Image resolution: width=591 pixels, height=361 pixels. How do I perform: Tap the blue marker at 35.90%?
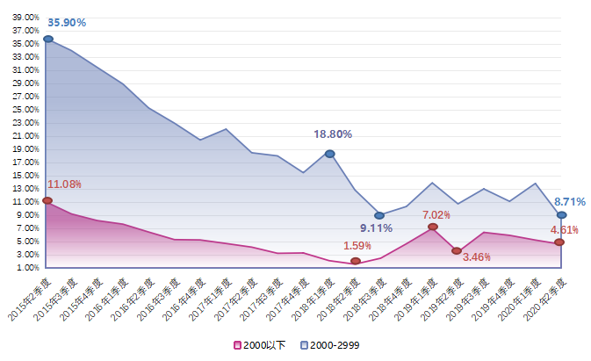[47, 39]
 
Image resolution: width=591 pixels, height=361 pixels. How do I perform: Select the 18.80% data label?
[333, 134]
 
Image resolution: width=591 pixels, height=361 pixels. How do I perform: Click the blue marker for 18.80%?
[329, 154]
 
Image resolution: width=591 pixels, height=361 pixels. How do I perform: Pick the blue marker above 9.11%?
[379, 215]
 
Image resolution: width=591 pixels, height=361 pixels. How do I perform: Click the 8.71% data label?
[569, 201]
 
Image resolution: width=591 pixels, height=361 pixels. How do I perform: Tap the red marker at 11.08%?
[47, 201]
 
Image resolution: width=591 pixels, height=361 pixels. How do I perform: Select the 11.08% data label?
[64, 184]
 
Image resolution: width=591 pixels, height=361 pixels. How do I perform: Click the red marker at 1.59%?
[355, 261]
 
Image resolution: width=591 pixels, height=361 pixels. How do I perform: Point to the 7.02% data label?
[436, 214]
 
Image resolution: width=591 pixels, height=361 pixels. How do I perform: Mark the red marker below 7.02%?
[432, 227]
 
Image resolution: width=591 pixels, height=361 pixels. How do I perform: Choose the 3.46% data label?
[475, 257]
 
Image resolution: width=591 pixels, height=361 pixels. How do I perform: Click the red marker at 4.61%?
[559, 242]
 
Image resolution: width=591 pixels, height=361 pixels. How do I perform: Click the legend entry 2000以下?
[260, 345]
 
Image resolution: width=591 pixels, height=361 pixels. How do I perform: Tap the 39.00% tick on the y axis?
[26, 17]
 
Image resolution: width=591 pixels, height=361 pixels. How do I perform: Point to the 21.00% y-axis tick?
[26, 135]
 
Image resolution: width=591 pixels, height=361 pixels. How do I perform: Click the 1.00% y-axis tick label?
[28, 267]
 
